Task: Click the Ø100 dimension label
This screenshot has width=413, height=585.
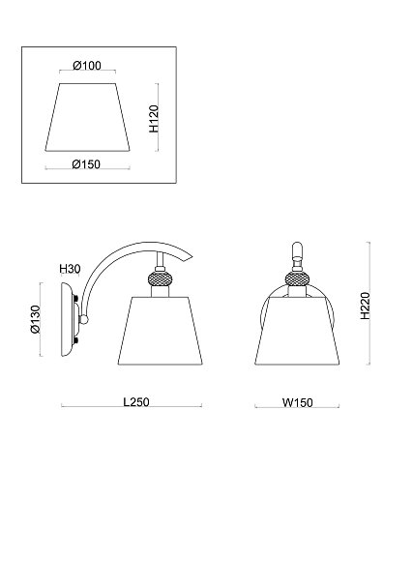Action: [x=87, y=66]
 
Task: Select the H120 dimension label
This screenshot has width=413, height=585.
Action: [x=154, y=119]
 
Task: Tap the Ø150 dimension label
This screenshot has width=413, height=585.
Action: [x=86, y=164]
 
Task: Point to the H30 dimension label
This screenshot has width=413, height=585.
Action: [x=70, y=268]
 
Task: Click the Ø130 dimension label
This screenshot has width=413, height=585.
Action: [x=36, y=319]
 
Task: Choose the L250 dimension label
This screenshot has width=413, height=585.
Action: [x=136, y=402]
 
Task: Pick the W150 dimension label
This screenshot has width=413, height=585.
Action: [x=297, y=402]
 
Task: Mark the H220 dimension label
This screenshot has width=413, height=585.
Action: [x=365, y=306]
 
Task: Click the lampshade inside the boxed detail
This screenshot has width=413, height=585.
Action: [x=87, y=117]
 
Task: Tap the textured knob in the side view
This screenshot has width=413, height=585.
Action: [x=160, y=279]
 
